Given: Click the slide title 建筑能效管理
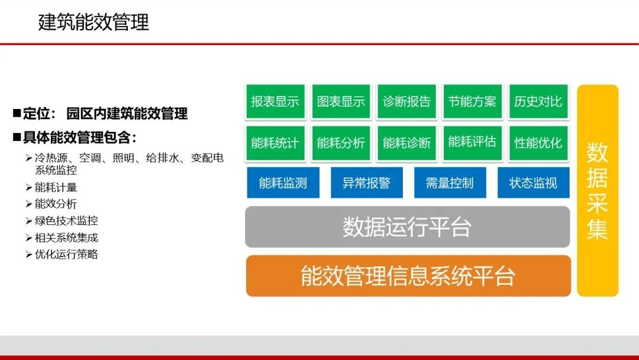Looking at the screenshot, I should coord(93,22).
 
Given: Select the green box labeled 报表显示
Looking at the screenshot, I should coord(275,102).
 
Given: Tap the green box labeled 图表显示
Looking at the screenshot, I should coord(341,102).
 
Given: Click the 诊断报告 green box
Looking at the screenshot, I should coord(406,102).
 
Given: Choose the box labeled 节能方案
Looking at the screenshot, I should coord(472,102).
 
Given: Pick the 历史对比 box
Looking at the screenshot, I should coord(538,102).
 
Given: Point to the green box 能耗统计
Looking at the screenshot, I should coord(275,143).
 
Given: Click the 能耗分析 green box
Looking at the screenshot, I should coord(341,143).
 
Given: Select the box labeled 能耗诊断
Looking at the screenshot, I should coord(406,143).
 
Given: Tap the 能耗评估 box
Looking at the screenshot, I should coord(472,142).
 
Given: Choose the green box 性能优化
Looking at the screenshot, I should coord(538,143).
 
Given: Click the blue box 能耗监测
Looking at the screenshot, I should coord(283,183).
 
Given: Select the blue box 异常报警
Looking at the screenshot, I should coord(366,183).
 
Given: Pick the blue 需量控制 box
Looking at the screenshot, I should coord(450,183).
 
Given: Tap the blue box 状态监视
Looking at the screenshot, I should coord(533,183).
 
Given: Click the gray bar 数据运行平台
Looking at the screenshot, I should coord(407,227).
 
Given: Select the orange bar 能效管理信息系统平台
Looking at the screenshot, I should coord(408,276).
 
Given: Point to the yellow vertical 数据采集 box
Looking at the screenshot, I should coord(598,190).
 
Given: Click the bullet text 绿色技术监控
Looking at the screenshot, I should coord(66,221).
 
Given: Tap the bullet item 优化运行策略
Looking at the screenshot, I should coord(66,255).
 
